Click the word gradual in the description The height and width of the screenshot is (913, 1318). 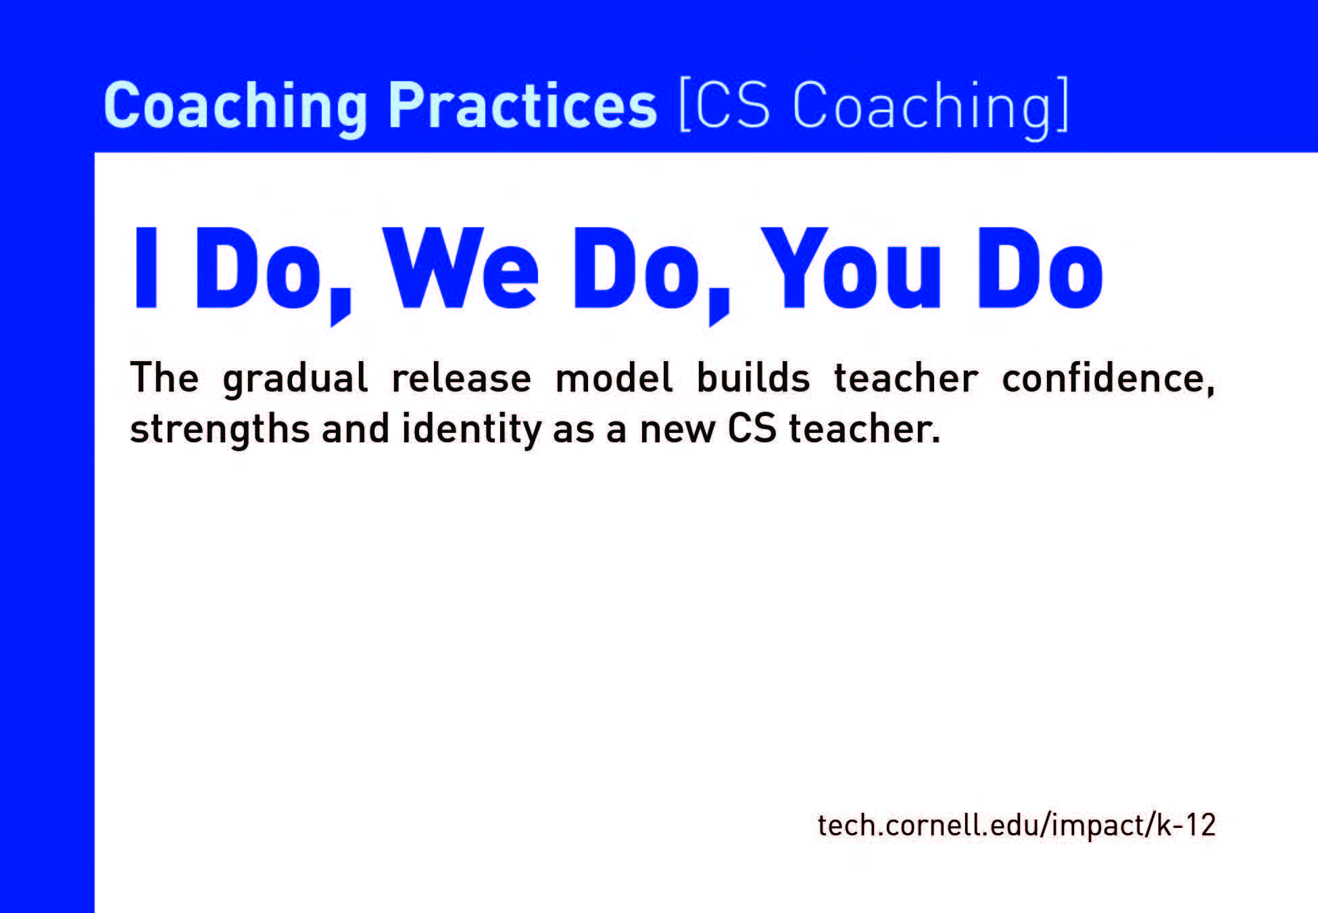point(295,379)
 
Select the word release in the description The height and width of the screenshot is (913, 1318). point(461,378)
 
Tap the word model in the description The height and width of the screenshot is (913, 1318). point(614,378)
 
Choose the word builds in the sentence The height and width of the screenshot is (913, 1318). point(753,378)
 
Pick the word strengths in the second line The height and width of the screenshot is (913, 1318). point(220,429)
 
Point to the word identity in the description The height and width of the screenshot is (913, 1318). point(472,429)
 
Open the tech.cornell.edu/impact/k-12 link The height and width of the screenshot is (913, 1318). point(1017,825)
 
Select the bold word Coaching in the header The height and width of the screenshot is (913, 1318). point(236,106)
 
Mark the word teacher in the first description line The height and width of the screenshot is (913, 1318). point(906,378)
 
